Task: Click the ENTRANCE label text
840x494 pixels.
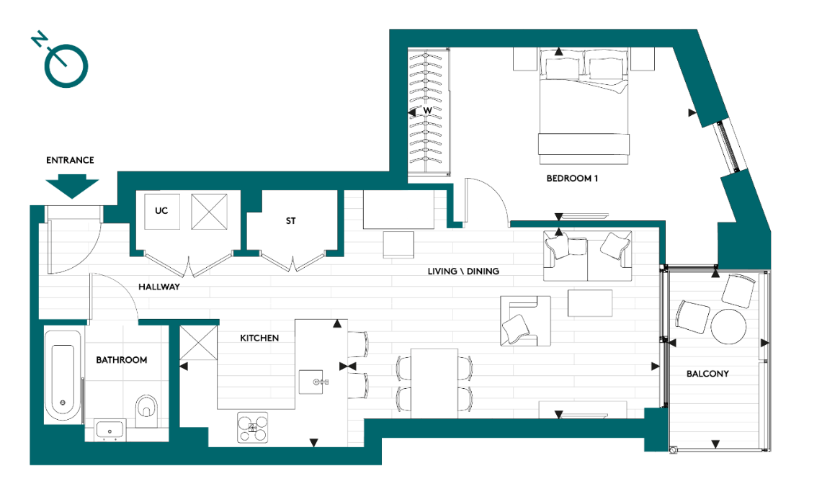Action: pos(70,160)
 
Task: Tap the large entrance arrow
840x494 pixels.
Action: pos(71,187)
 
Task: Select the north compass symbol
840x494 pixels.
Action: pos(66,65)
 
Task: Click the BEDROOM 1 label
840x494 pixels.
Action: pos(573,178)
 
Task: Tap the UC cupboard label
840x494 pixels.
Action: pos(161,211)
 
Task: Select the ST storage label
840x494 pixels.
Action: pos(291,221)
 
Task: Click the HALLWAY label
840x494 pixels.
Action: pos(158,287)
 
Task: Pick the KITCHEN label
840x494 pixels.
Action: pos(259,338)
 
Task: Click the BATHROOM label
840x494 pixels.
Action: pos(122,360)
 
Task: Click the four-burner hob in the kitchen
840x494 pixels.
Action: pos(252,427)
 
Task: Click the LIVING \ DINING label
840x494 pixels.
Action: pos(463,271)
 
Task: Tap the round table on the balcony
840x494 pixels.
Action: pos(728,327)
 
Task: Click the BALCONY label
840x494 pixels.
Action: pos(707,374)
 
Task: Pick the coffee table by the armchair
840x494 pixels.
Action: pos(590,302)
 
